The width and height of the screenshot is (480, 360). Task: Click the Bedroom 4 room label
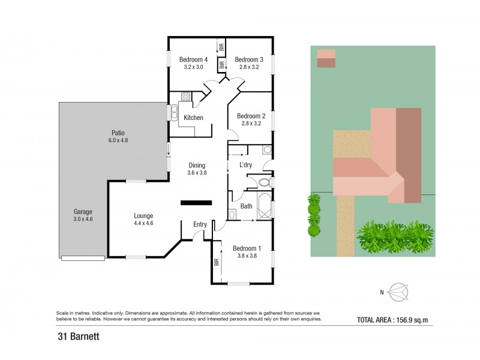[x=193, y=59]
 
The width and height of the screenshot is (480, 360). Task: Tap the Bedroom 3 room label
[x=248, y=59]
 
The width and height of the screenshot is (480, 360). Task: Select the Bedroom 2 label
[x=251, y=116]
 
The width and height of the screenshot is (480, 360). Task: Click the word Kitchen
[x=193, y=118]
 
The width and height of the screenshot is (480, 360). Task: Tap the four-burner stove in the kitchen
[x=185, y=96]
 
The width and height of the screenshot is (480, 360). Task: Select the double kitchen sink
[x=174, y=112]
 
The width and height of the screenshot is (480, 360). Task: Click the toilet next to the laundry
[x=266, y=182]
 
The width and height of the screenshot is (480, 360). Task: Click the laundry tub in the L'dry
[x=267, y=150]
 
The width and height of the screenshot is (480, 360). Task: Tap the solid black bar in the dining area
[x=196, y=202]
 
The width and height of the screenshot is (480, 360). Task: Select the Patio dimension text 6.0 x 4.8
[x=118, y=140]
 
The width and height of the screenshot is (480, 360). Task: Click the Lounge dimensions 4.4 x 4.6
[x=143, y=223]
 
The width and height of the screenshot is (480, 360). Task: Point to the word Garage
[x=83, y=212]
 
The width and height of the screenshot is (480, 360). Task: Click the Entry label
[x=200, y=224]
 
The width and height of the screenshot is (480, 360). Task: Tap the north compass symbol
[x=397, y=292]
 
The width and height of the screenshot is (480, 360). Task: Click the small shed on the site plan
[x=326, y=58]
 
